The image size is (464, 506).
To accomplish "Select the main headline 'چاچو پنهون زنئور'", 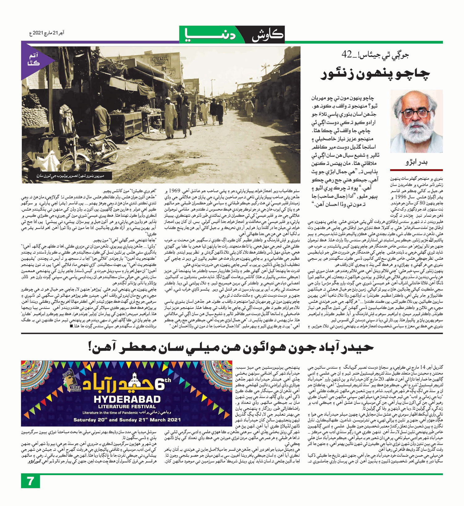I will [x=375, y=75].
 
